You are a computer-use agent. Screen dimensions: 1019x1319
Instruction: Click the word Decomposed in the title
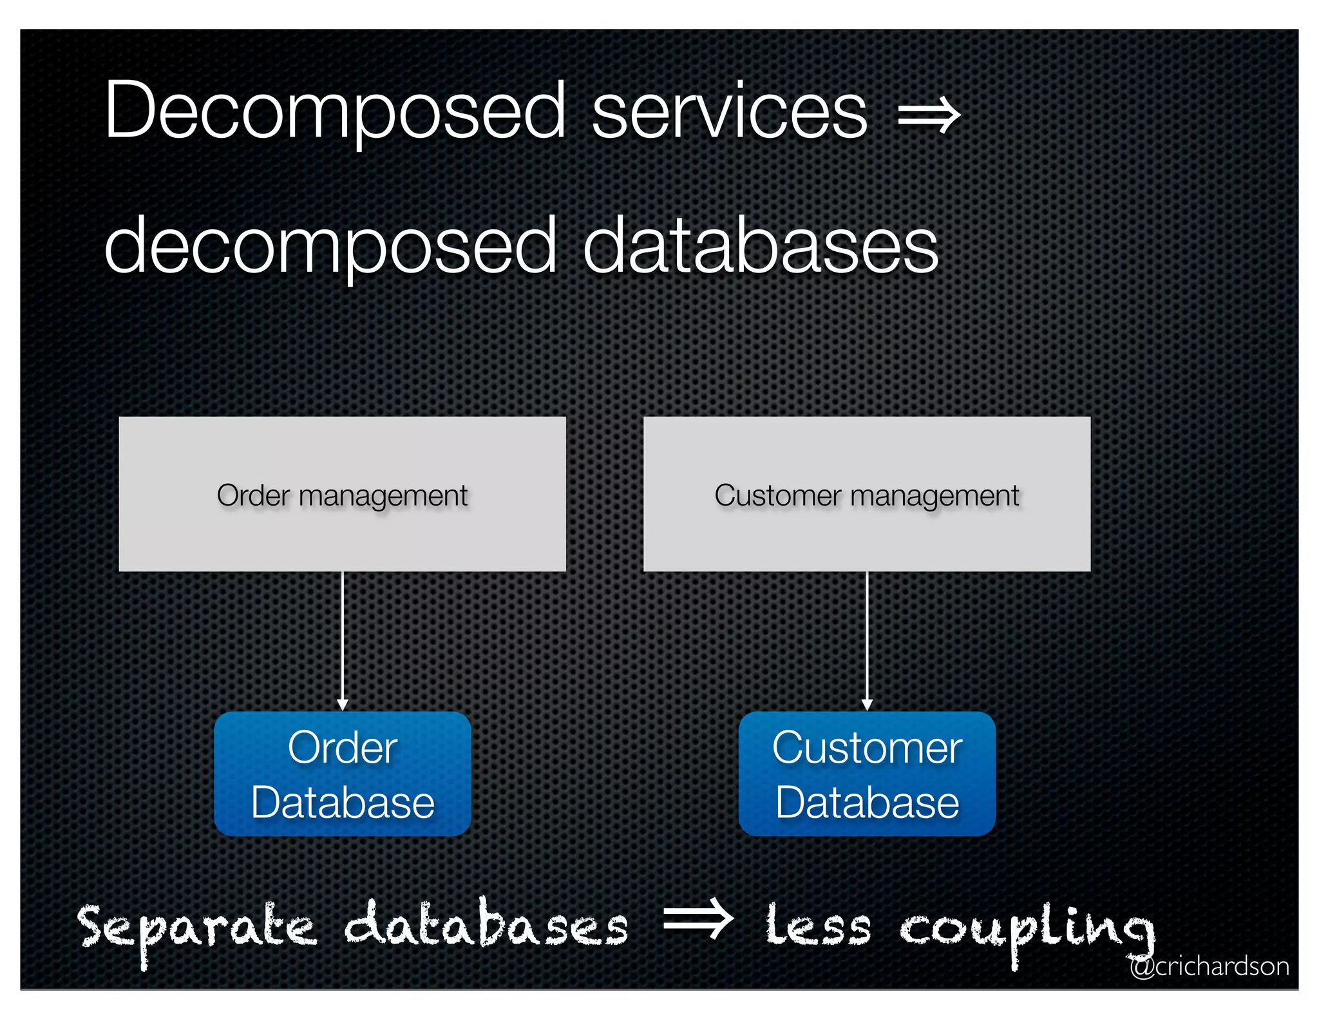335,111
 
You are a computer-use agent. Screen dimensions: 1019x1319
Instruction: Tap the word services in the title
730,111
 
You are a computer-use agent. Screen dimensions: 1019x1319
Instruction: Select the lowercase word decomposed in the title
330,247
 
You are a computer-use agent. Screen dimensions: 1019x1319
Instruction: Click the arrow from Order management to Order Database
343,641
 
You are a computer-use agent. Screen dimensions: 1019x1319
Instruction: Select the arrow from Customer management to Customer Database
867,641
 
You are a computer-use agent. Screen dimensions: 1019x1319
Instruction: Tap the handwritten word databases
486,926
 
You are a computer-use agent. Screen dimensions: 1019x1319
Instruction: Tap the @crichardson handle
1209,966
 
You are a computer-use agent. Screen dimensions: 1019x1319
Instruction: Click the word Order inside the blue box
342,748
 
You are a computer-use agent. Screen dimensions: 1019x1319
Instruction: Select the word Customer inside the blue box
867,748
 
